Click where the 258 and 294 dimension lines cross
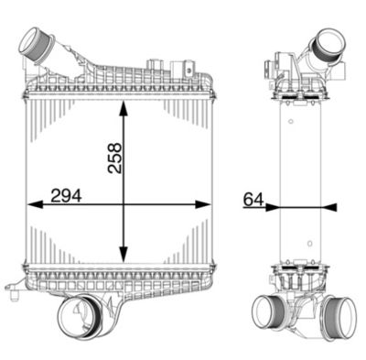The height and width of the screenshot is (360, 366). pyautogui.click(x=124, y=204)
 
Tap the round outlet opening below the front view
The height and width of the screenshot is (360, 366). pyautogui.click(x=75, y=318)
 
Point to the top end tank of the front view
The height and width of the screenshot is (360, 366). pyautogui.click(x=119, y=85)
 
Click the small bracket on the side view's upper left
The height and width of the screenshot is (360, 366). pyautogui.click(x=272, y=66)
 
